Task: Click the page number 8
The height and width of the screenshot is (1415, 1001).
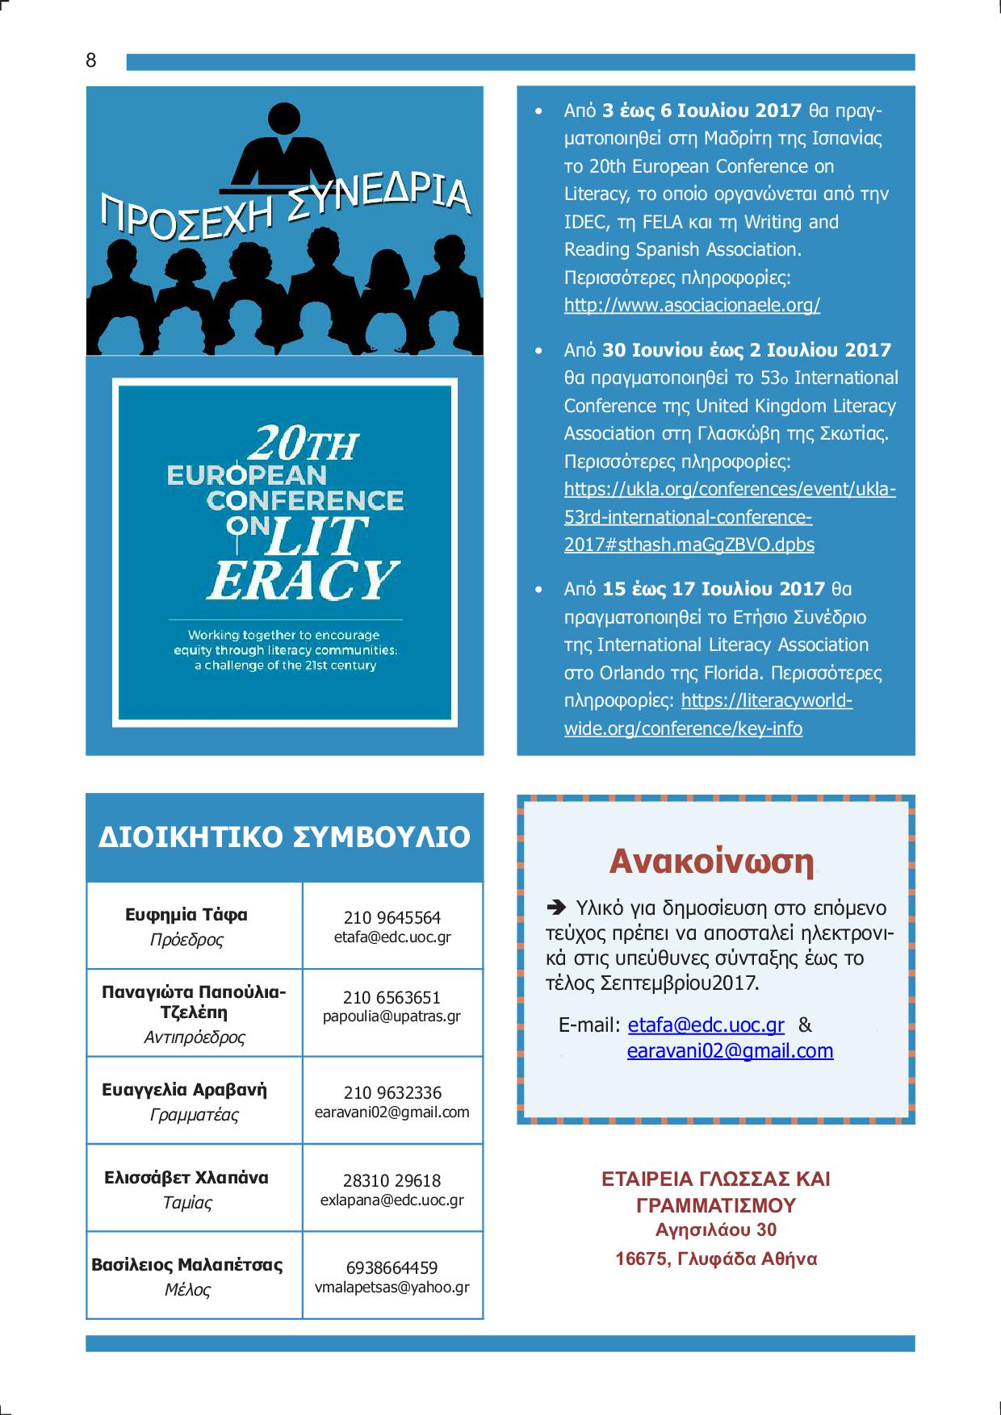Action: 91,61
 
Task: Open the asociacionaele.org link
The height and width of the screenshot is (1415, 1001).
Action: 692,305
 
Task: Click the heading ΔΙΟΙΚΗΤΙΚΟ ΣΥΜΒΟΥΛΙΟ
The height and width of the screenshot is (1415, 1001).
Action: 284,837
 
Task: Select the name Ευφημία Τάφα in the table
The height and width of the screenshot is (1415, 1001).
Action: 186,914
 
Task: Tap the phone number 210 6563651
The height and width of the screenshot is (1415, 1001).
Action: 392,997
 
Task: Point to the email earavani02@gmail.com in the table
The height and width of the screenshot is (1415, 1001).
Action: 392,1112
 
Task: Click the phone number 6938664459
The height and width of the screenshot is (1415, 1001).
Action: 392,1267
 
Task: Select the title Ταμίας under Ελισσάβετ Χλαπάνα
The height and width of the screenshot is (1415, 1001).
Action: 187,1203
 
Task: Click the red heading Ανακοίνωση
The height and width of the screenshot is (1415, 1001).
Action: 711,861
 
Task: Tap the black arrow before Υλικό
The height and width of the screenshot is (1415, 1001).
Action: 556,908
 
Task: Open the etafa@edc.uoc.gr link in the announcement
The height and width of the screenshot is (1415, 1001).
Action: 706,1025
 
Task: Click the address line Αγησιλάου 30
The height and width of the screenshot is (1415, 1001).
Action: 716,1229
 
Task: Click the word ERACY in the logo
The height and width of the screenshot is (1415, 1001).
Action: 302,578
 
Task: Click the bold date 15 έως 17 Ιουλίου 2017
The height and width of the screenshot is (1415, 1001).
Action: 714,589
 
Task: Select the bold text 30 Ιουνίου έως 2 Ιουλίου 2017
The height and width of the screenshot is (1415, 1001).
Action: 747,350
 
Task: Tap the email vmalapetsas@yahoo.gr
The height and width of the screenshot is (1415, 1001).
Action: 392,1288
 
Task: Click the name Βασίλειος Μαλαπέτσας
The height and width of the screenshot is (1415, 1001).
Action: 187,1264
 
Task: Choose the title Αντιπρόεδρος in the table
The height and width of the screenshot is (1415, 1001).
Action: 195,1037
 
